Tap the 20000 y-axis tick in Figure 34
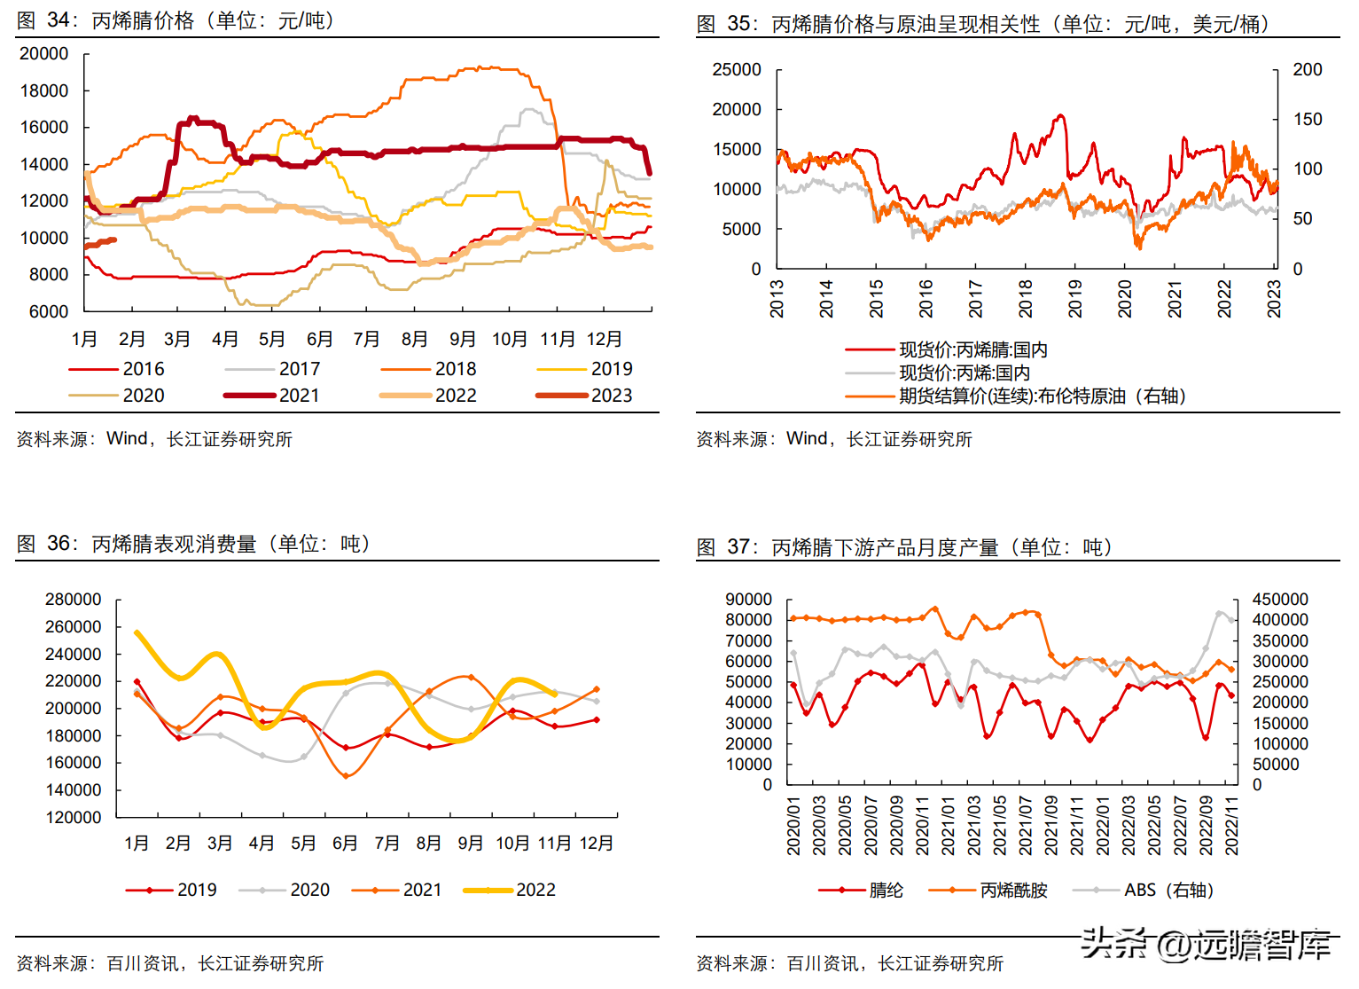click(44, 54)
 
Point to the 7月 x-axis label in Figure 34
click(366, 339)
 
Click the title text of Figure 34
click(175, 20)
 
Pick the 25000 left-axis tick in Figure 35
click(737, 70)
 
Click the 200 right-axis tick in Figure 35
click(1307, 70)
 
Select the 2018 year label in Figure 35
click(1026, 299)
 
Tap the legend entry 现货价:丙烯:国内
click(965, 373)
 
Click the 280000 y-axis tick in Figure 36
click(74, 600)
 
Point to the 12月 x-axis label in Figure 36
click(596, 844)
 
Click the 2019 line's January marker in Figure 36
click(137, 681)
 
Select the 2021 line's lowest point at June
click(346, 776)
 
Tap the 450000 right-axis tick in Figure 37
click(1279, 600)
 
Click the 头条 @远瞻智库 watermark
click(1206, 944)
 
